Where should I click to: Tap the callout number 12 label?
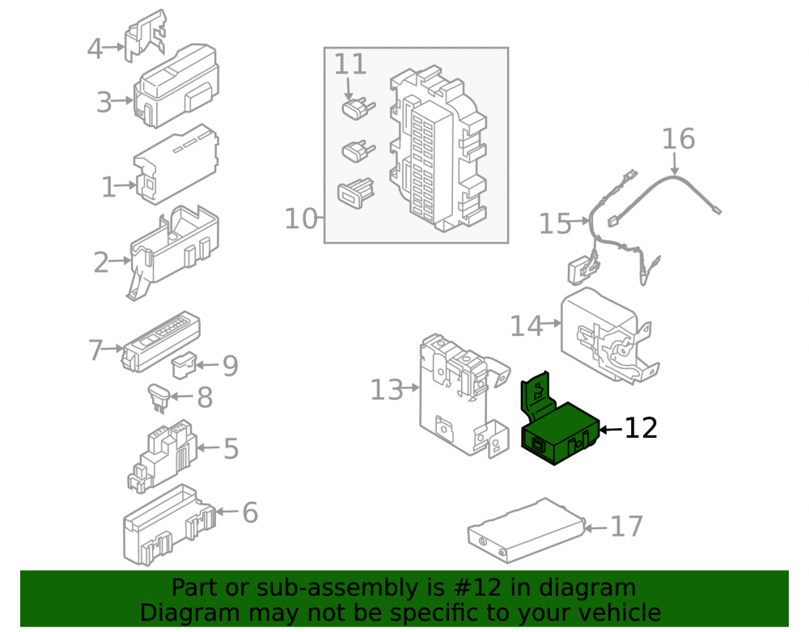tap(641, 428)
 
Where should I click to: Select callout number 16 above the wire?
tap(679, 139)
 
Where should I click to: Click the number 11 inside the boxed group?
tap(350, 65)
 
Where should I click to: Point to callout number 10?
tap(301, 218)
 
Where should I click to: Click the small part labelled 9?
tap(183, 365)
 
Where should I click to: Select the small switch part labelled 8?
tap(159, 398)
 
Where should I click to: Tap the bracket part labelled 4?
tap(145, 35)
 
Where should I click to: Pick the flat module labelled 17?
tap(527, 530)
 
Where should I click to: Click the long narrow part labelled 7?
tap(160, 341)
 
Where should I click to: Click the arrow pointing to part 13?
tap(411, 388)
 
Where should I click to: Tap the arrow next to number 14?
tap(553, 324)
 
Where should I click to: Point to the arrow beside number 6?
tap(227, 511)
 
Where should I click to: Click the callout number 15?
tap(555, 224)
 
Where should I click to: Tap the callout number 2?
tap(101, 263)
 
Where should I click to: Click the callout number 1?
tap(108, 187)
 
